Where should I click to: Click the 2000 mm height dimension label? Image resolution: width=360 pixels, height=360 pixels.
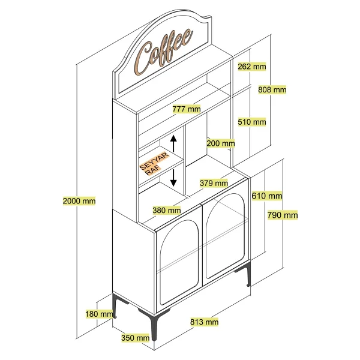point(79,201)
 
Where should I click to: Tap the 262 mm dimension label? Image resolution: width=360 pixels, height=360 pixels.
point(252,67)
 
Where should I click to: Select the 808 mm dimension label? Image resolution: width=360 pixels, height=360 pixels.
point(272,89)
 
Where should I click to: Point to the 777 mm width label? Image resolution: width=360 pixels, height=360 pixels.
point(187,109)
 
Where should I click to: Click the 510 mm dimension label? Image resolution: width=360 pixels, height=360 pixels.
point(252,122)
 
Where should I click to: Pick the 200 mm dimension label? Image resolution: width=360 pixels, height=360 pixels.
point(221,143)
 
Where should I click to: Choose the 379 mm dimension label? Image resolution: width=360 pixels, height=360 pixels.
point(214,183)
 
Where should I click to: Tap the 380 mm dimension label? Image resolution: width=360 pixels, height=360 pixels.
point(167,210)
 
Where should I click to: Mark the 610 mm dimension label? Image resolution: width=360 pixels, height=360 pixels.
point(267,196)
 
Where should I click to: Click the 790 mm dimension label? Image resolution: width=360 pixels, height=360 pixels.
point(283,215)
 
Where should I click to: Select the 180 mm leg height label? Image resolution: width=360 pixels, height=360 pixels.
point(99,314)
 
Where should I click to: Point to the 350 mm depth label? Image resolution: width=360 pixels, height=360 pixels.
point(136,338)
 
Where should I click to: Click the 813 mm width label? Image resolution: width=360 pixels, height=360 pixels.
point(205,322)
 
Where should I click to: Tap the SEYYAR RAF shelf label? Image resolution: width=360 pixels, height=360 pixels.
point(154,163)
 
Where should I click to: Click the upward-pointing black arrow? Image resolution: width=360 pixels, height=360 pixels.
point(173,143)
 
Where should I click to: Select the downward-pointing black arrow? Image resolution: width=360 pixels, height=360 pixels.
point(173,178)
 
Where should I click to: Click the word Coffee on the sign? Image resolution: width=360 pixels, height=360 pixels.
point(163,52)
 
